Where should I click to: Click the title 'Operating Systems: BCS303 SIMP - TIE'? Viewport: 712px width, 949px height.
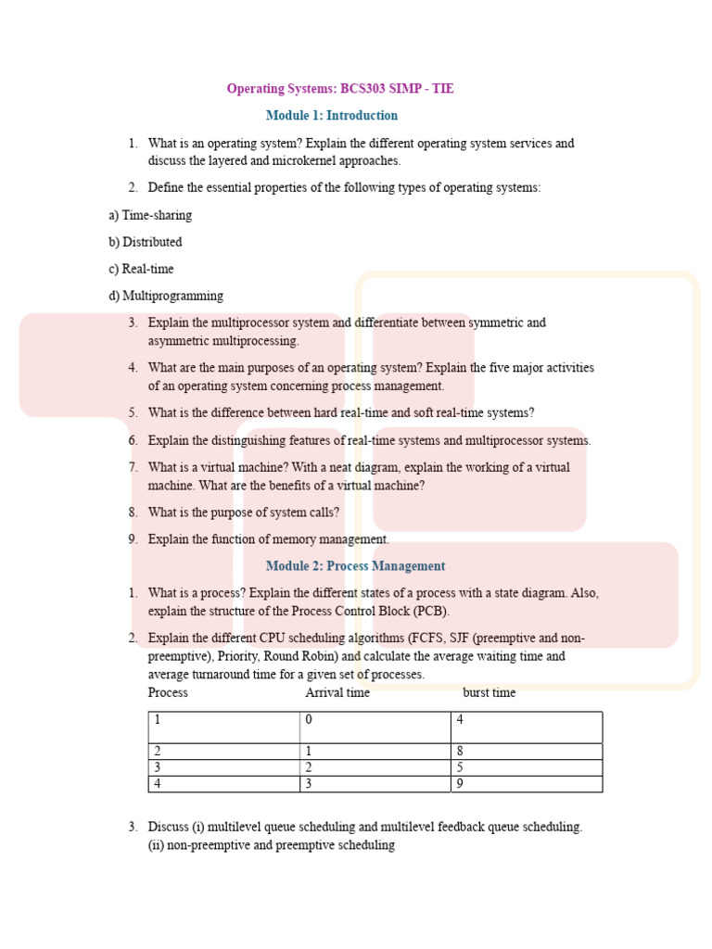tap(340, 89)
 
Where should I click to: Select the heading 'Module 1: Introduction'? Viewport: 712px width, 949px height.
tap(331, 116)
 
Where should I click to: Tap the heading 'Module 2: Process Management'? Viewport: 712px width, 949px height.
tap(355, 566)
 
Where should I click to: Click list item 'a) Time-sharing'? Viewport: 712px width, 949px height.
tap(150, 215)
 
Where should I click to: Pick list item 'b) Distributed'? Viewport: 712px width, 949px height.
tap(145, 242)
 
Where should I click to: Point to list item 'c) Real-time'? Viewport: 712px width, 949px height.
tap(141, 269)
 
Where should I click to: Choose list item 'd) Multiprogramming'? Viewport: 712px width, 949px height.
tap(166, 296)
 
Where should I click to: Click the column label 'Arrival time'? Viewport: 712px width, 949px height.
tap(337, 692)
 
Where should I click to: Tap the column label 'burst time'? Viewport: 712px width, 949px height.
tap(489, 692)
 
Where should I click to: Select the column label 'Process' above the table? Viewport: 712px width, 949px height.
tap(168, 692)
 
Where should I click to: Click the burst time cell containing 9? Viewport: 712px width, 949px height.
tap(526, 784)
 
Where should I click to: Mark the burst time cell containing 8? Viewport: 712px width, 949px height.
tap(526, 752)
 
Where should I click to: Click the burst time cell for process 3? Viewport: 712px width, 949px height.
tap(526, 767)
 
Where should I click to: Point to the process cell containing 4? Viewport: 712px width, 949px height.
tap(223, 784)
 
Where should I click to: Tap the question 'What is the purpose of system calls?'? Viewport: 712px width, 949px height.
tap(244, 512)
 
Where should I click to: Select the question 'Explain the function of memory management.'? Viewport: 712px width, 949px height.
tap(269, 539)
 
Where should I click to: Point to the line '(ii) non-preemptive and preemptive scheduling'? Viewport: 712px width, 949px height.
tap(272, 845)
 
